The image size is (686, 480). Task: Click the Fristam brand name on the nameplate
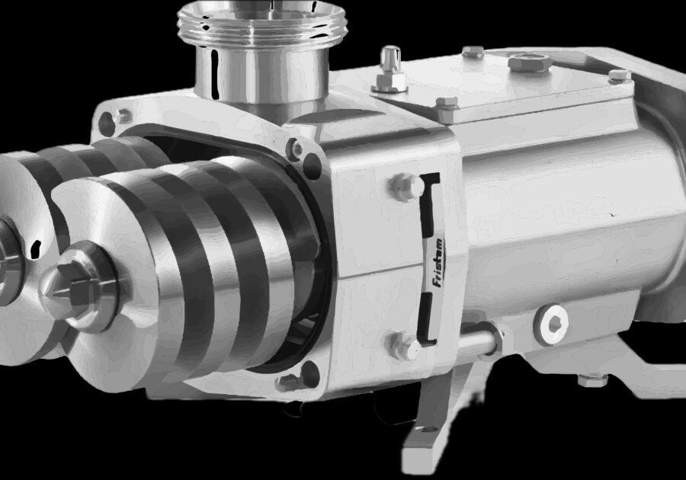click(x=438, y=263)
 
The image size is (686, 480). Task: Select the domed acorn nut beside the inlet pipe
click(x=390, y=69)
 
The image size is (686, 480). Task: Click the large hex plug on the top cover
click(x=529, y=62)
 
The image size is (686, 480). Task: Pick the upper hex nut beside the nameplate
click(x=406, y=187)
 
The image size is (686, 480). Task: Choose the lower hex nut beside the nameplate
click(x=402, y=344)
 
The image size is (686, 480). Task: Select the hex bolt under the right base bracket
click(x=592, y=379)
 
